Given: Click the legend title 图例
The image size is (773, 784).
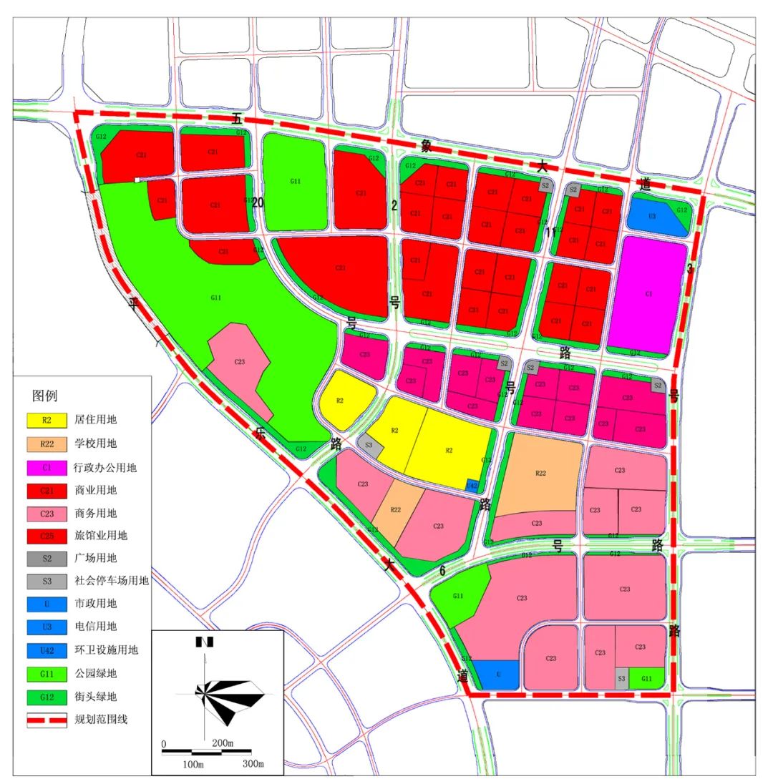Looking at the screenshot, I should click(x=44, y=396).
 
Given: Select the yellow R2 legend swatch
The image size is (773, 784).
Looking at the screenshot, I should click(x=47, y=421).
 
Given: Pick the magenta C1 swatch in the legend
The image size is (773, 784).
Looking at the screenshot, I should click(x=47, y=467).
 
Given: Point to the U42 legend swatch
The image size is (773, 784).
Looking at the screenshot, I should click(x=47, y=650).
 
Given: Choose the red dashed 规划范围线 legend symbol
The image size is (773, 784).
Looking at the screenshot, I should click(x=47, y=719).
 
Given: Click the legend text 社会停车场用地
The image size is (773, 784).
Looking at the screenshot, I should click(x=111, y=582).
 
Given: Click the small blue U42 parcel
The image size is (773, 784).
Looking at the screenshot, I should click(x=472, y=485).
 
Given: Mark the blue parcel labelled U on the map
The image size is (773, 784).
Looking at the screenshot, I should click(x=497, y=675).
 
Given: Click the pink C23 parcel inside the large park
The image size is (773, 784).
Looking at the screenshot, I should click(x=240, y=363).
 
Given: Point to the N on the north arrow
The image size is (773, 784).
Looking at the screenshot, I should click(x=205, y=642).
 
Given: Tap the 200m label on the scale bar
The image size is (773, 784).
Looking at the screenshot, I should click(x=222, y=743).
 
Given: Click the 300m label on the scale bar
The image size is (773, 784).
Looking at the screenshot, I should click(x=253, y=764).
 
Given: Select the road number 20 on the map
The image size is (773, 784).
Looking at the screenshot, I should click(x=258, y=203).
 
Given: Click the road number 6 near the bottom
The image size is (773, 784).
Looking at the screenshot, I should click(x=442, y=570).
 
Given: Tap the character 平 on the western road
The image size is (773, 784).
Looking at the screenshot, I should click(x=133, y=303).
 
